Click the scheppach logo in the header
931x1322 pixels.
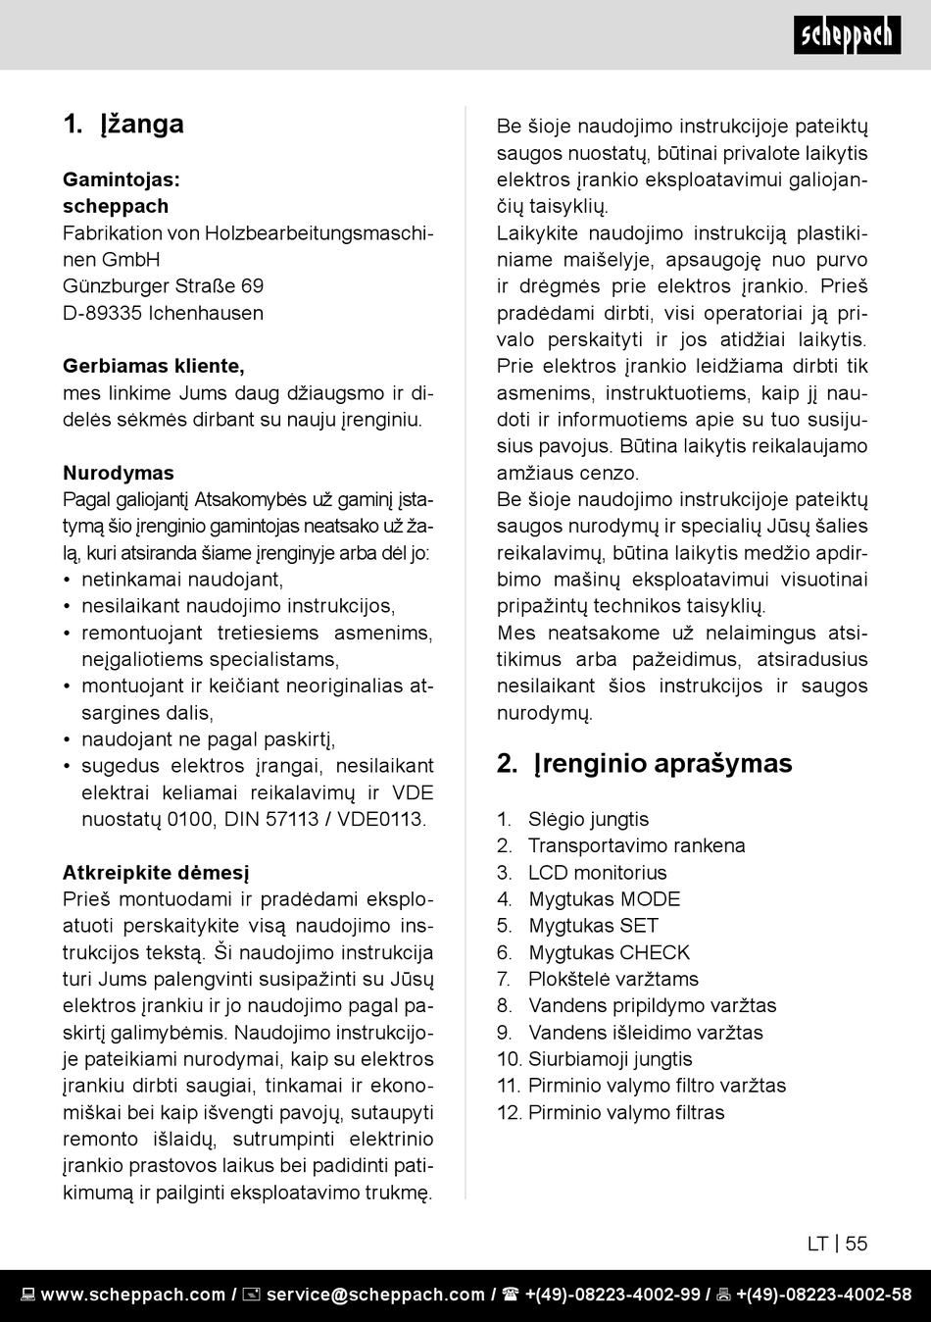click(847, 35)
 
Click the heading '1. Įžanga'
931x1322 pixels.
click(123, 124)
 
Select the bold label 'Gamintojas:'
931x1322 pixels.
click(122, 179)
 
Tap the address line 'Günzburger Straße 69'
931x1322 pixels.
click(163, 286)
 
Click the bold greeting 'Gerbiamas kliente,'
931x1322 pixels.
click(154, 366)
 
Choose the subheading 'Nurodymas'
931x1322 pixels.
click(119, 473)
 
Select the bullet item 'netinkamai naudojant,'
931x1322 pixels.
click(182, 580)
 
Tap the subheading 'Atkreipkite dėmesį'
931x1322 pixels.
click(156, 872)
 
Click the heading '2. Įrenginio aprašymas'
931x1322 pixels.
click(644, 763)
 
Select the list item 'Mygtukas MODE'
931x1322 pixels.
click(604, 898)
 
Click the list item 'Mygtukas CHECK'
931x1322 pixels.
click(609, 952)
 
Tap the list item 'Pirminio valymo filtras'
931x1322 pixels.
click(626, 1112)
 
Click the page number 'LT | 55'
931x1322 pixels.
click(837, 1244)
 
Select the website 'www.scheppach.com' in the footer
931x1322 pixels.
click(132, 1295)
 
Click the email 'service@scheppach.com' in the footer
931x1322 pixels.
click(375, 1295)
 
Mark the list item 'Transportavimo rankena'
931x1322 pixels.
click(636, 845)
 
